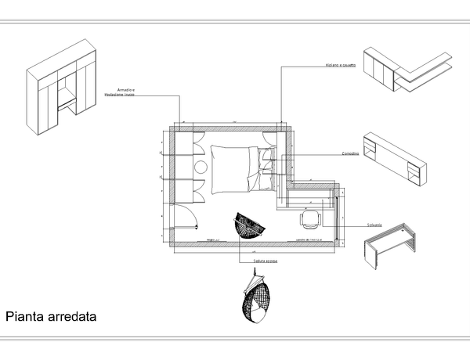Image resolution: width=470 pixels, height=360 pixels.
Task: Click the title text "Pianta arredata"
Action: pos(51,318)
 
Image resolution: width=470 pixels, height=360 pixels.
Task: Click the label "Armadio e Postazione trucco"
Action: pos(119,92)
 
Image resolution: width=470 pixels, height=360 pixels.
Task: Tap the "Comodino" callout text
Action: pos(350,153)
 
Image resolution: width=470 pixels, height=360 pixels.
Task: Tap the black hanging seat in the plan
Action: pos(251,226)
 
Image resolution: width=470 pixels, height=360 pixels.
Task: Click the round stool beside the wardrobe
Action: pos(199,167)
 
